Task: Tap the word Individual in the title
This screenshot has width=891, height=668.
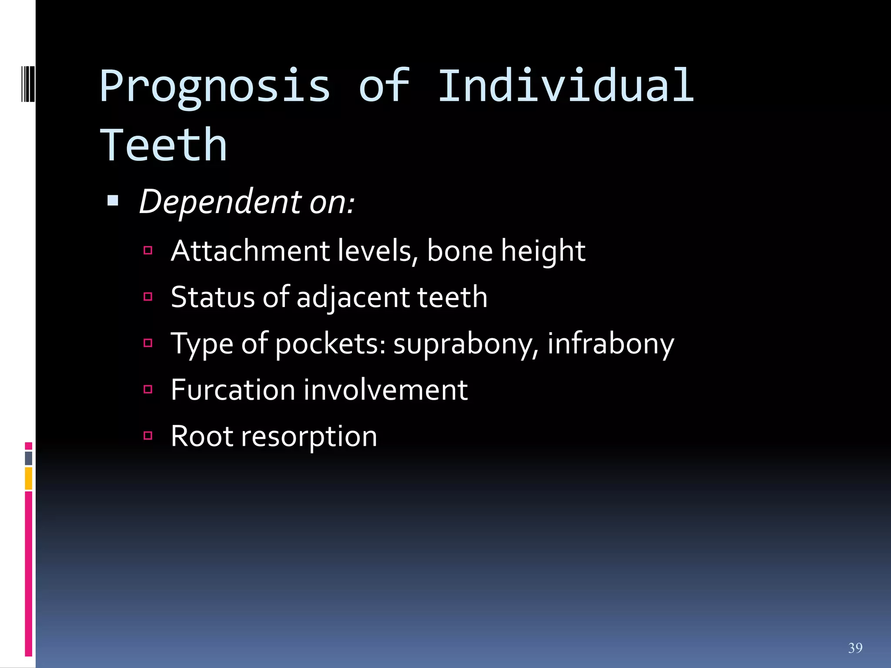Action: coord(566,86)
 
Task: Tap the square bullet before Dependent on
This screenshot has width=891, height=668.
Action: coord(113,200)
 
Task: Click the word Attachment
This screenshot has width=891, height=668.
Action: coord(250,251)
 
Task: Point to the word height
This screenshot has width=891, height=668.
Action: coord(543,252)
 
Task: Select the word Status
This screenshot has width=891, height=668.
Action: coord(212,297)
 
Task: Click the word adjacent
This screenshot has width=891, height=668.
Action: coord(352,298)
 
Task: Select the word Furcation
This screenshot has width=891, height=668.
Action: coord(233,390)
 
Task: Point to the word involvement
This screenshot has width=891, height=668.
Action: coord(385,390)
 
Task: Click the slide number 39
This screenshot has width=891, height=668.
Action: coord(855,648)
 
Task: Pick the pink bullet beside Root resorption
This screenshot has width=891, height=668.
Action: coord(148,436)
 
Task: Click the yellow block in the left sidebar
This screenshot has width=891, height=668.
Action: coord(29,478)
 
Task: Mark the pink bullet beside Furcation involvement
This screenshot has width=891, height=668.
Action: coord(148,389)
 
